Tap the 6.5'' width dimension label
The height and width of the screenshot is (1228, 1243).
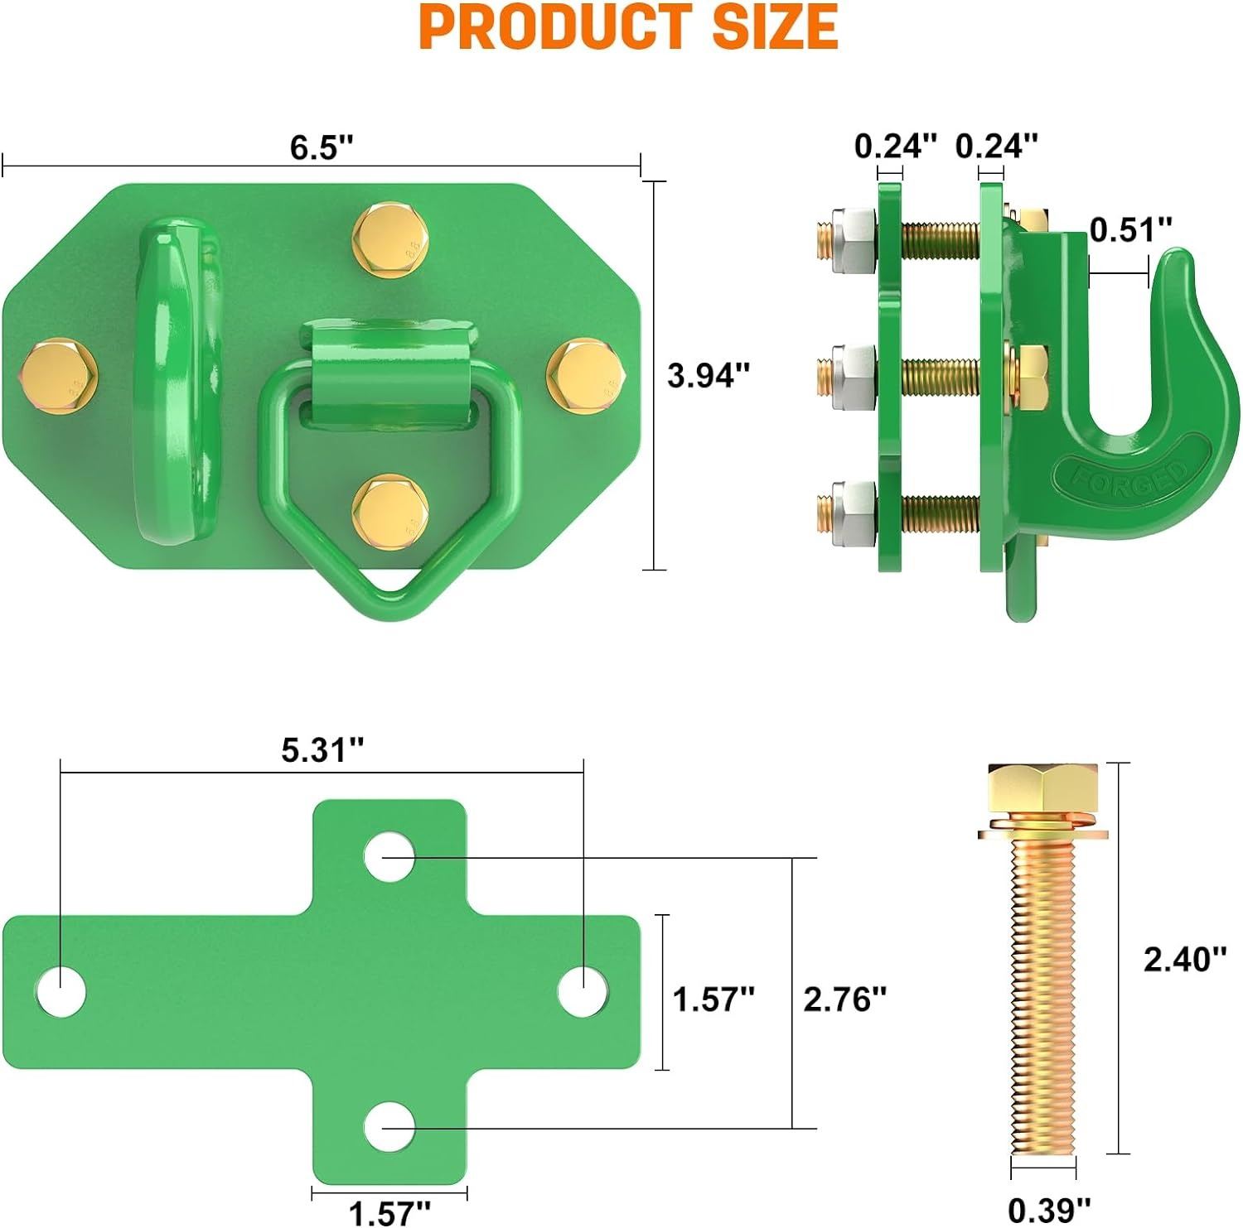click(322, 147)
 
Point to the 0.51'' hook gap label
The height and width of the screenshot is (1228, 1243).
click(1131, 229)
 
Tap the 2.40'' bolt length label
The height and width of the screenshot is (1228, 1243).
click(1185, 959)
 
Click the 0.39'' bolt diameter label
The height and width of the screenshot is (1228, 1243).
click(1050, 1210)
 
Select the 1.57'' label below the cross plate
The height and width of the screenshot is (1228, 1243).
click(389, 1213)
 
